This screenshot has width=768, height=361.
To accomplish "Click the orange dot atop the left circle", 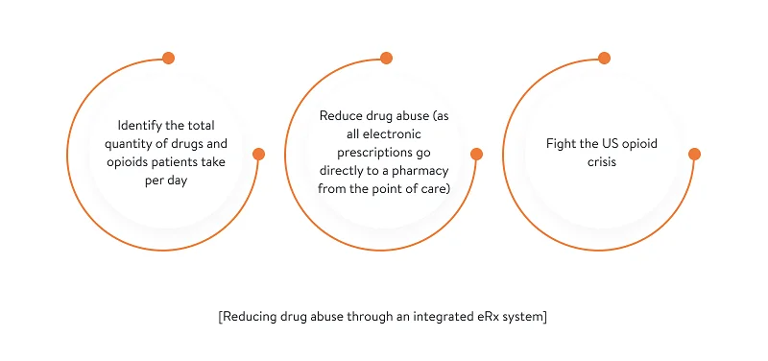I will (168, 59).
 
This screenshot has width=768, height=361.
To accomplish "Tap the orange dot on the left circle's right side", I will (258, 154).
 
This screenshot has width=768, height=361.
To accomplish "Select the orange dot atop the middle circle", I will (386, 59).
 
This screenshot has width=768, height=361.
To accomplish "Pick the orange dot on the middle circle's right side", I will (476, 154).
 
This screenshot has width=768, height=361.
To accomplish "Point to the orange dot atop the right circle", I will (604, 59).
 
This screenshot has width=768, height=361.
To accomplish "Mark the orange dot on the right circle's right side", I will (694, 154).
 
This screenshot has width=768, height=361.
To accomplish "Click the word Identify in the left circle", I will (140, 126).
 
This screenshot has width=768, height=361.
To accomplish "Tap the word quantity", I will (134, 144).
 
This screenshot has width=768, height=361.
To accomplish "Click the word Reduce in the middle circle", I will (340, 115).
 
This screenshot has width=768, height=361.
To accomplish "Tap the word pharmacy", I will (423, 169).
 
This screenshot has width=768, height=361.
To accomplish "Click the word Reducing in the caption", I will (252, 318).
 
